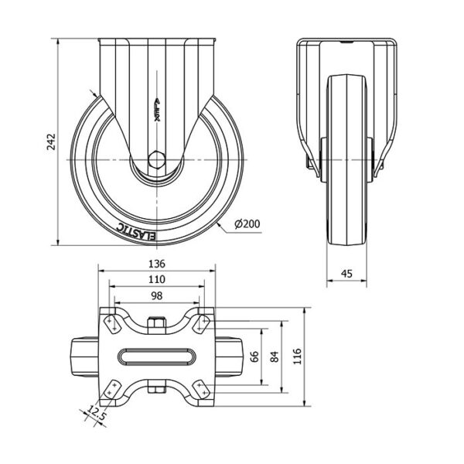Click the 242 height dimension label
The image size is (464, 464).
52,142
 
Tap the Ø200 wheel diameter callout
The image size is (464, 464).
247,223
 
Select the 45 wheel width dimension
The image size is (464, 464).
346,274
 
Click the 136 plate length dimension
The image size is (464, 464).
156,264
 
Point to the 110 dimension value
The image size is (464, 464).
156,279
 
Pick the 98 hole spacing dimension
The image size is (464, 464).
156,295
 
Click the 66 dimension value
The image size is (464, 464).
254,357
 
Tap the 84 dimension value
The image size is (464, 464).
275,357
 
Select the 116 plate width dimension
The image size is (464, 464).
297,357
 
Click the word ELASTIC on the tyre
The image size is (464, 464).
136,232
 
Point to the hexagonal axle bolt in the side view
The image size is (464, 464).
156,160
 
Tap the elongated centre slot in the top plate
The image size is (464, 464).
156,357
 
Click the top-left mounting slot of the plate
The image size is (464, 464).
111,324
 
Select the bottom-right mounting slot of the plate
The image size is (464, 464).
201,389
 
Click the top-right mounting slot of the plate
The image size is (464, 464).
201,324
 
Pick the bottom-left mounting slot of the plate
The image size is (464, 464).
111,389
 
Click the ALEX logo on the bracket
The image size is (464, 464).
158,110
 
